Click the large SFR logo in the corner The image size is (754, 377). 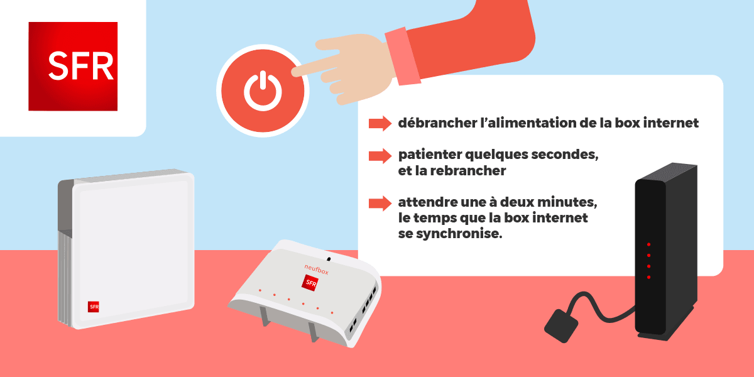click(x=73, y=66)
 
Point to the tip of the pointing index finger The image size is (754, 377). click(x=295, y=71)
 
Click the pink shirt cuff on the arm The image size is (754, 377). click(x=402, y=56)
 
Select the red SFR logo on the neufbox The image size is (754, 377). click(x=310, y=283)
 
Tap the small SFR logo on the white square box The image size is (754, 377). click(x=94, y=307)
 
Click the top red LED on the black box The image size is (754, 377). click(x=648, y=244)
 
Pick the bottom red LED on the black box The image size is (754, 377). click(x=648, y=276)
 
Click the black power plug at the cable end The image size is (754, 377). click(x=560, y=325)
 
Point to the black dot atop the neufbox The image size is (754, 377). click(x=328, y=258)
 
